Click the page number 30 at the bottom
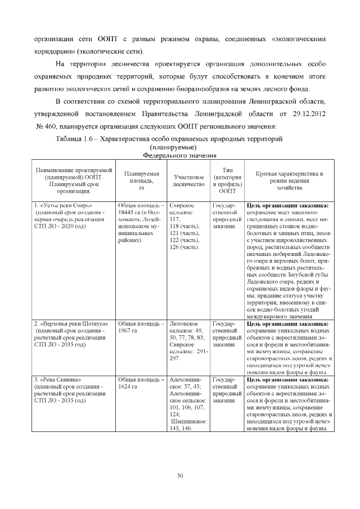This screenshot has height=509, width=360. pyautogui.click(x=180, y=476)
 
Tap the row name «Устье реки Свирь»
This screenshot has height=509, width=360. pyautogui.click(x=65, y=205)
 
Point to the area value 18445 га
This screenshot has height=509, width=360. pyautogui.click(x=130, y=212)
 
